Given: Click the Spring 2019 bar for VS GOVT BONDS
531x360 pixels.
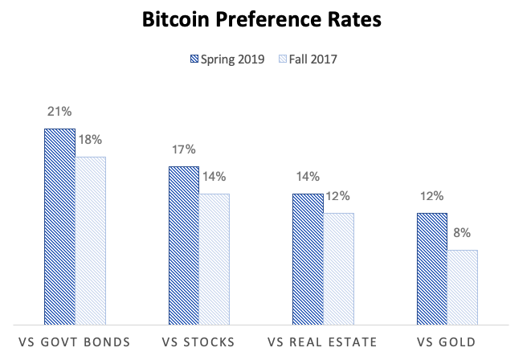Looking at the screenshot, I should (59, 225).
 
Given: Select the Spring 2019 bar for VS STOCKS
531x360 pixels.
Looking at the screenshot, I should (183, 244).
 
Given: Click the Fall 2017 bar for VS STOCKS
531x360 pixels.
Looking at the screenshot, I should (214, 258).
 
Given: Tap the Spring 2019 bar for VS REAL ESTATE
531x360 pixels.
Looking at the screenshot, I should (308, 258).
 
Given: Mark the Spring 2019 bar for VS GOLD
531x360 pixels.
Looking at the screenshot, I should (431, 268).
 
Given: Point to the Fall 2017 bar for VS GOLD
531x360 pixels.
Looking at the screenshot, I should (463, 286).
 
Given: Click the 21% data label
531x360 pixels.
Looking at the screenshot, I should (59, 112).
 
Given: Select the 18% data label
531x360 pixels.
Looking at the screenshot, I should (91, 139).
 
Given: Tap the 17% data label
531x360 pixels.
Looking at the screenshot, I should (183, 149).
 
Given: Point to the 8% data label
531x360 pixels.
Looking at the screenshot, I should (463, 232).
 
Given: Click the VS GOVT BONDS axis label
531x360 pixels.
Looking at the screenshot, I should (75, 342).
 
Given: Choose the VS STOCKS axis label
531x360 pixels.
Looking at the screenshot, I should (198, 342).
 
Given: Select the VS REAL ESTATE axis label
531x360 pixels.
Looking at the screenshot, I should (323, 342).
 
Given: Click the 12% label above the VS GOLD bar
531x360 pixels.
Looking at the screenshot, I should (431, 195).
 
